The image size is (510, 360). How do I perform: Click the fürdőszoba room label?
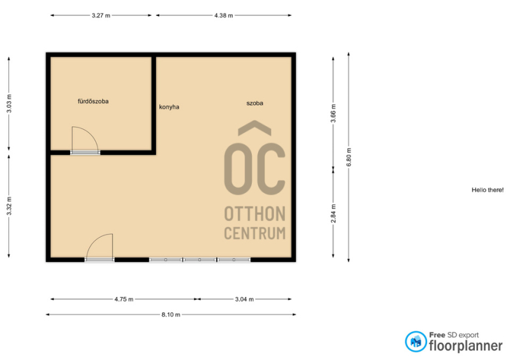click(93, 101)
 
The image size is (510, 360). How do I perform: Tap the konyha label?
click(169, 107)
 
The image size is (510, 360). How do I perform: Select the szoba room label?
click(254, 103)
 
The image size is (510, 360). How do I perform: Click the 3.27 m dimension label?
click(101, 15)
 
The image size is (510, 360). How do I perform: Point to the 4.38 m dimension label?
click(224, 15)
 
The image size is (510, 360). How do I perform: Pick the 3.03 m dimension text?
click(9, 104)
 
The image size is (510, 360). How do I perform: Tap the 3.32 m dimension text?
click(9, 206)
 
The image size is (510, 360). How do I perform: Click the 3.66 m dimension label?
click(333, 113)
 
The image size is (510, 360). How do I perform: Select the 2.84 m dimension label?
click(333, 213)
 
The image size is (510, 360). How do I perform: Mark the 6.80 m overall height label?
click(349, 157)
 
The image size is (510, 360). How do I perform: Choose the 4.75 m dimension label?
click(124, 299)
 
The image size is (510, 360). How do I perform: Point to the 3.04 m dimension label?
click(244, 299)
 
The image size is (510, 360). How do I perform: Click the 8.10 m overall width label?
click(171, 315)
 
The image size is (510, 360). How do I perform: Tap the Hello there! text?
click(488, 190)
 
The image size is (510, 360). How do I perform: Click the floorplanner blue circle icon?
click(416, 342)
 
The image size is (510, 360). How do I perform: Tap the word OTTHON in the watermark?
click(255, 213)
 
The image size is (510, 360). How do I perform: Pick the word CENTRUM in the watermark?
click(255, 233)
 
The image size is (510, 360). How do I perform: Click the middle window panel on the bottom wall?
click(200, 260)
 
